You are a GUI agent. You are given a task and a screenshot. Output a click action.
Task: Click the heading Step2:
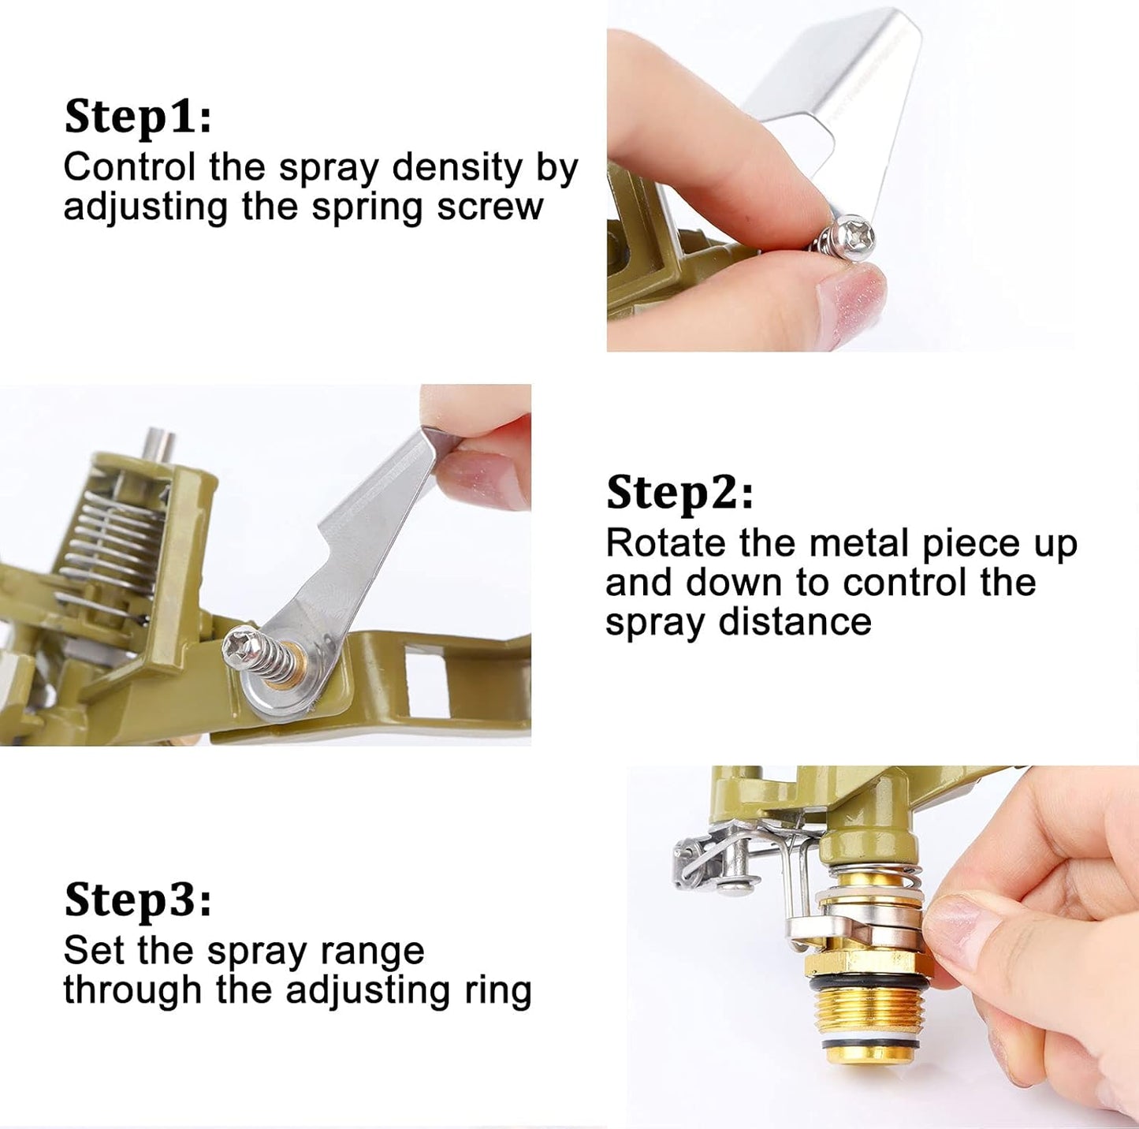pyautogui.click(x=680, y=494)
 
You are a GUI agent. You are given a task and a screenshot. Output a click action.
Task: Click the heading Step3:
pyautogui.click(x=138, y=900)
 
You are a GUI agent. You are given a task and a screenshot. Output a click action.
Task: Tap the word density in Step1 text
pyautogui.click(x=457, y=170)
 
